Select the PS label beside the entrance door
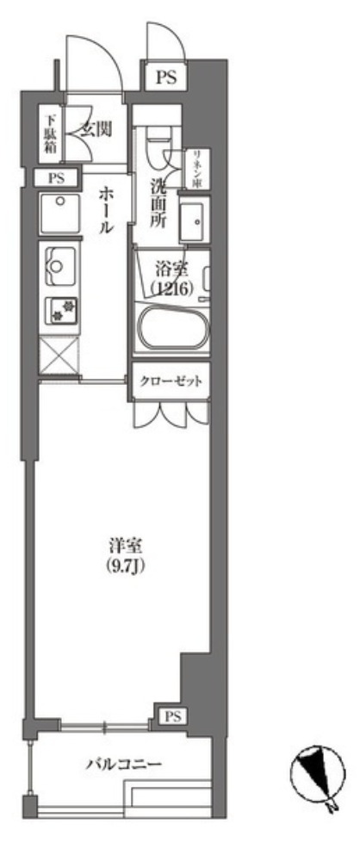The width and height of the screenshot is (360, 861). [x=165, y=77]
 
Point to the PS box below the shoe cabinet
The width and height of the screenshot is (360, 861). [x=57, y=178]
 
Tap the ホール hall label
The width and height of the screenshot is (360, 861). [x=105, y=210]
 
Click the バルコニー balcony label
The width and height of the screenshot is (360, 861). [x=123, y=764]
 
